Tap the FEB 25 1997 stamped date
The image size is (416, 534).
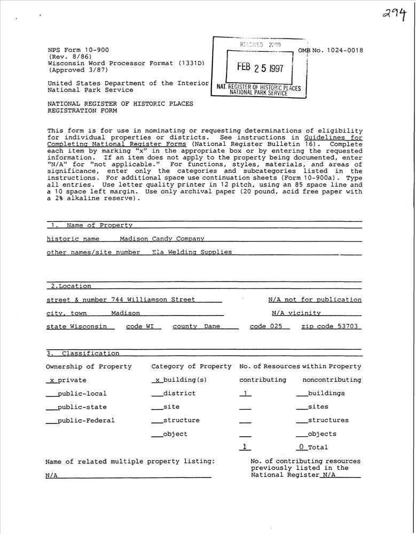pos(261,68)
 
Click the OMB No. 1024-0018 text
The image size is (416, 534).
pos(331,50)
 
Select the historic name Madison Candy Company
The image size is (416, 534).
pos(162,239)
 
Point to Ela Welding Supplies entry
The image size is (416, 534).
pos(192,252)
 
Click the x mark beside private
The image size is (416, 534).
pos(51,380)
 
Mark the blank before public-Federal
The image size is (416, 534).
pos(51,421)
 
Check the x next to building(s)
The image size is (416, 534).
pos(157,380)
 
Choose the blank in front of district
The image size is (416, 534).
pos(156,394)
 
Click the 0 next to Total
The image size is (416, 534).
pos(301,447)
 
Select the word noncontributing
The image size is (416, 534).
pos(332,380)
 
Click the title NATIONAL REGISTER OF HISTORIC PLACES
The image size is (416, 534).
pos(120,104)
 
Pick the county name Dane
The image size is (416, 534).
pos(212,326)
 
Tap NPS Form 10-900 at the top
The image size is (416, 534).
pos(78,50)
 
